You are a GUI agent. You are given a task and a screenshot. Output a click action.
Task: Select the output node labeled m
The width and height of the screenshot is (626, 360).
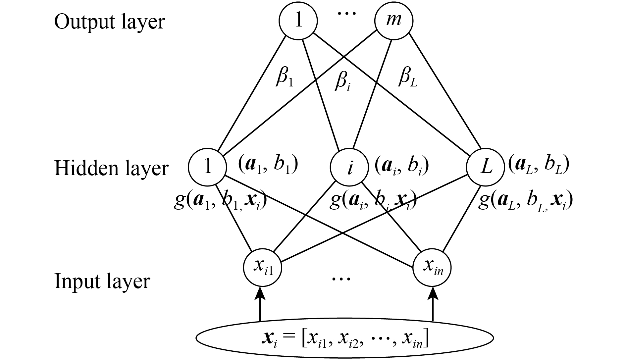[x=394, y=21]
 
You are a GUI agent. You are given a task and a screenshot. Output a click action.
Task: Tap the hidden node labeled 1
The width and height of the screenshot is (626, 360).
[x=208, y=167]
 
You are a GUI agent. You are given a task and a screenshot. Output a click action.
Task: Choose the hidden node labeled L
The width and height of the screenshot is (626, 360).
[x=486, y=167]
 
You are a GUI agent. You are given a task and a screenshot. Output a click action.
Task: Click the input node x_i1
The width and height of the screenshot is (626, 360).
[x=263, y=268]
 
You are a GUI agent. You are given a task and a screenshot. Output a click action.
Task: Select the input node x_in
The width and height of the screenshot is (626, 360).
[x=433, y=268]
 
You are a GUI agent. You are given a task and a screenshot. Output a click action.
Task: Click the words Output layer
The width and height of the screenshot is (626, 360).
[x=109, y=22]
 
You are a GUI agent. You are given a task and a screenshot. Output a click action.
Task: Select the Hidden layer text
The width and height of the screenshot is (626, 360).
[x=111, y=168]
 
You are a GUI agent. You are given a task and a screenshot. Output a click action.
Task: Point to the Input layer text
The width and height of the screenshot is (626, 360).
[x=102, y=282]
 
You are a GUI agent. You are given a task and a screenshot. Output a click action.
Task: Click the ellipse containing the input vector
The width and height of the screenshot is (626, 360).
[x=344, y=339]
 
